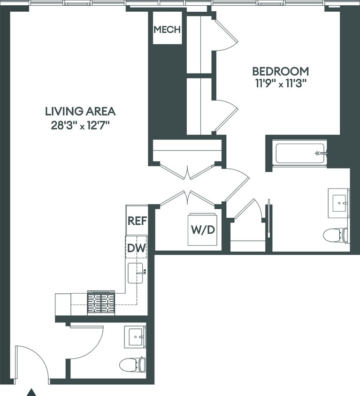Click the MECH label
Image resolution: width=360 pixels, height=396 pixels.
(x=167, y=30)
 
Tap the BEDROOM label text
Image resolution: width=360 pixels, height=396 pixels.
(x=280, y=71)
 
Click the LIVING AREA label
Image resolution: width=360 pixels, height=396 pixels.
(x=80, y=111)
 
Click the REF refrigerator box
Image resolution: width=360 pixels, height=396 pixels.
(x=137, y=221)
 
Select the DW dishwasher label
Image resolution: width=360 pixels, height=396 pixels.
(x=137, y=248)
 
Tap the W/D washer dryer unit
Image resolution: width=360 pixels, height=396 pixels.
(x=203, y=230)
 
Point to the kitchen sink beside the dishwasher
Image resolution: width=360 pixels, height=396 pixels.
(x=136, y=273)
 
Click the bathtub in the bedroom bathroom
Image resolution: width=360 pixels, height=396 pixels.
(x=300, y=153)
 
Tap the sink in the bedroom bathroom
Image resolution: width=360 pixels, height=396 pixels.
(x=338, y=203)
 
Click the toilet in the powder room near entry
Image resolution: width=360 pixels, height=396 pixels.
(x=132, y=364)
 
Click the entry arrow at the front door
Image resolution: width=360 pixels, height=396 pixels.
(x=31, y=392)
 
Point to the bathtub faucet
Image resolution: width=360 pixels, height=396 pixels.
(x=321, y=153)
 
